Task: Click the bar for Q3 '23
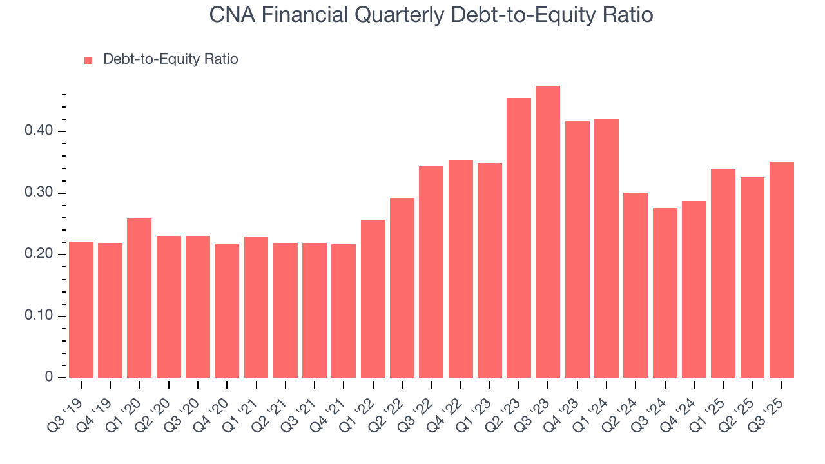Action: coord(548,232)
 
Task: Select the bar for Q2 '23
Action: coord(519,238)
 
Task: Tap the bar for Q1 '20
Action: coord(139,298)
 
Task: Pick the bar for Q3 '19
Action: coord(81,309)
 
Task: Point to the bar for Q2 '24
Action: coord(636,285)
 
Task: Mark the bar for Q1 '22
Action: coord(373,298)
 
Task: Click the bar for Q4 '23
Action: coord(577,249)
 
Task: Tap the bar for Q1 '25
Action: coord(723,273)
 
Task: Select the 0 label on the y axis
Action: coord(48,378)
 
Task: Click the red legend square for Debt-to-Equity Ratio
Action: coord(89,60)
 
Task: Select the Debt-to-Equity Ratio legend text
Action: coord(171,59)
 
